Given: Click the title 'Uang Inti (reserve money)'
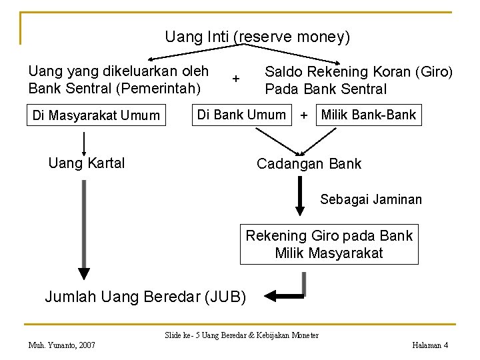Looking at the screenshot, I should coord(257,37).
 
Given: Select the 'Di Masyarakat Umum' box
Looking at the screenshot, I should coord(96,116).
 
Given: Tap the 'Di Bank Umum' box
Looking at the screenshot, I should coord(241,115).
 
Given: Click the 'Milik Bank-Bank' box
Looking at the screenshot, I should coord(368,115).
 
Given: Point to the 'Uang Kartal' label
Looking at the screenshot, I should coord(87,163).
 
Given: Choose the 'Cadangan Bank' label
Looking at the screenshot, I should coord(309,164).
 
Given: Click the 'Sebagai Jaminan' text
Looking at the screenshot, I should coord(371,199).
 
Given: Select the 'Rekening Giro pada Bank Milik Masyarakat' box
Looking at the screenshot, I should coord(329,244).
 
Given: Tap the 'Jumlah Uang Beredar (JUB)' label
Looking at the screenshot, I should coord(145,297).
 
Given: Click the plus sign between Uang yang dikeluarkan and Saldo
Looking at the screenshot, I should coord(235,79).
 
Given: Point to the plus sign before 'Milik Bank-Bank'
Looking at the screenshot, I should coord(304,115).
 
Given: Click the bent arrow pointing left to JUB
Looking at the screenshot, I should coord(287,292).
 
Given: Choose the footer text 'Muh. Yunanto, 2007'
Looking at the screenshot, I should coord(61,345).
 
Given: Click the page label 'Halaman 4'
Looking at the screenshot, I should coord(430,345).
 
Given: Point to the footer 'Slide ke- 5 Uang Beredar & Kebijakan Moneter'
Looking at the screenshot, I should coord(241,335).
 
